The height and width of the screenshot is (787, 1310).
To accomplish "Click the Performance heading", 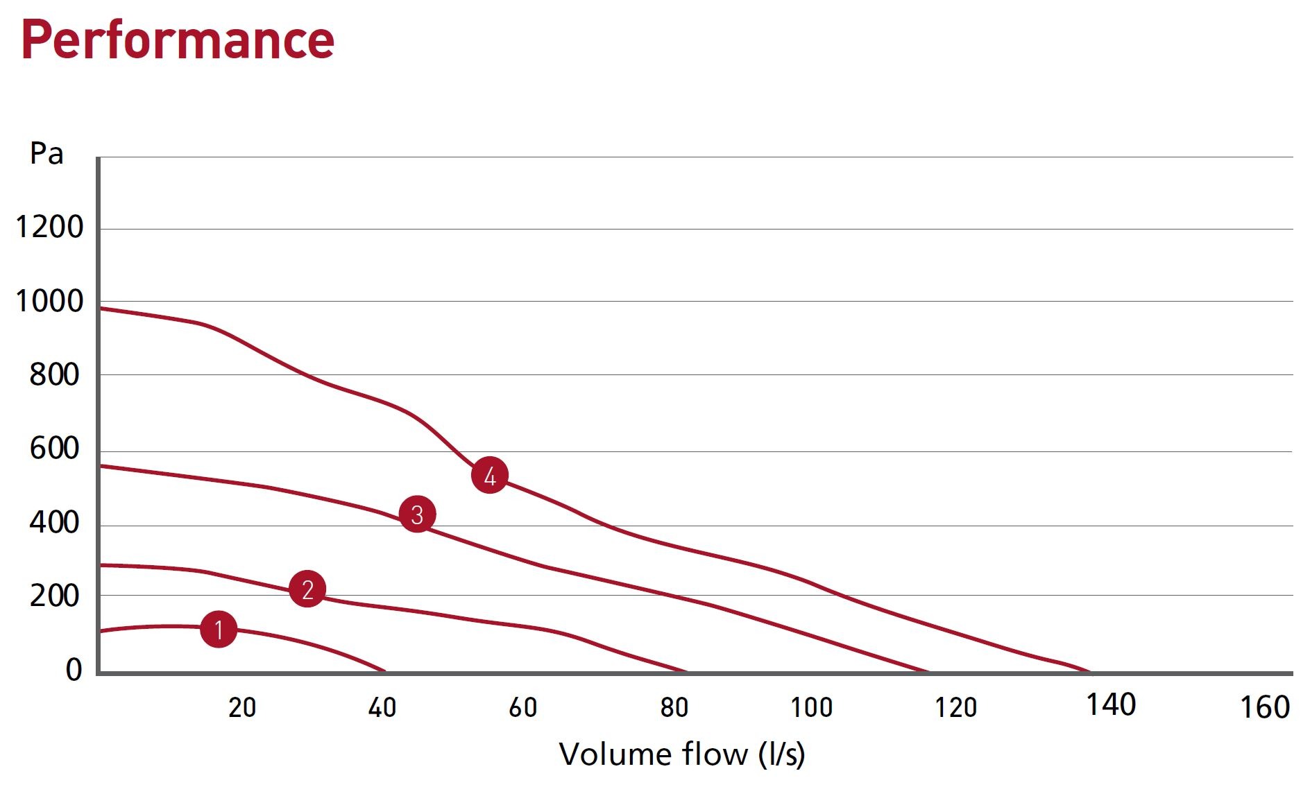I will point(178,40).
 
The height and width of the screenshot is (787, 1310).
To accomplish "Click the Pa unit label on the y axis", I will point(46,154).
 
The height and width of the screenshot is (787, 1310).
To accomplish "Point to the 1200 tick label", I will point(49,227).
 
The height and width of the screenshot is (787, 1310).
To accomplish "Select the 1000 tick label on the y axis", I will point(49,302).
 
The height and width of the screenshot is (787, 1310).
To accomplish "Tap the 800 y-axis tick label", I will point(54,375).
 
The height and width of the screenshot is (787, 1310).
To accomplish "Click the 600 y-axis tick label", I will point(54,449).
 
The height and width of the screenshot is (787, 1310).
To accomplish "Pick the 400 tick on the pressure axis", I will point(54,522).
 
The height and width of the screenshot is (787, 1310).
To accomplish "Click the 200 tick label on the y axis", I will point(54,596).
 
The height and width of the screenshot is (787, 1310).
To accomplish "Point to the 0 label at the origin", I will point(74,670).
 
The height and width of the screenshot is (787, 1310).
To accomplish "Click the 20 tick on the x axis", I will point(242,708).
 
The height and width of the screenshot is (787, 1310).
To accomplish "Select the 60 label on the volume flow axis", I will point(522,708).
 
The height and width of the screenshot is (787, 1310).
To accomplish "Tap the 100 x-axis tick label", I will point(811,708).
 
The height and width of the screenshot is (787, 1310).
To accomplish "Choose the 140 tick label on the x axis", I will point(1110,705).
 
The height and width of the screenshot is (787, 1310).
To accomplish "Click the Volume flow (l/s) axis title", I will point(681,754).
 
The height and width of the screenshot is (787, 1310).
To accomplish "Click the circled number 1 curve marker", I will point(219,630).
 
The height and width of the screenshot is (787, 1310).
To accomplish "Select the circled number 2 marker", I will point(307,589).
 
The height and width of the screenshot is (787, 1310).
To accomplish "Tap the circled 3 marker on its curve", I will point(417,514).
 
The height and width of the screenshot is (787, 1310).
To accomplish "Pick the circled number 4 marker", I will point(490,476).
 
